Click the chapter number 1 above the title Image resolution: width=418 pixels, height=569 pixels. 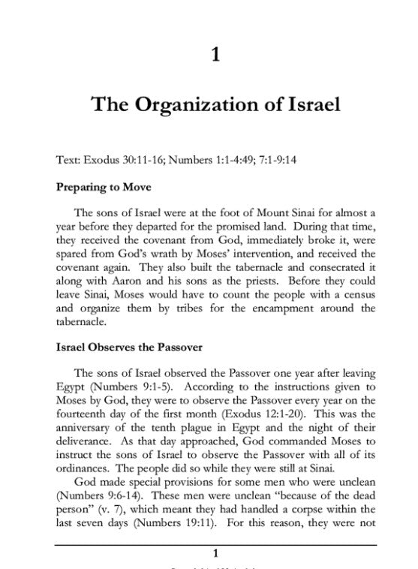(216, 54)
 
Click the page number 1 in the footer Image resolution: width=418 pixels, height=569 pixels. (216, 554)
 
